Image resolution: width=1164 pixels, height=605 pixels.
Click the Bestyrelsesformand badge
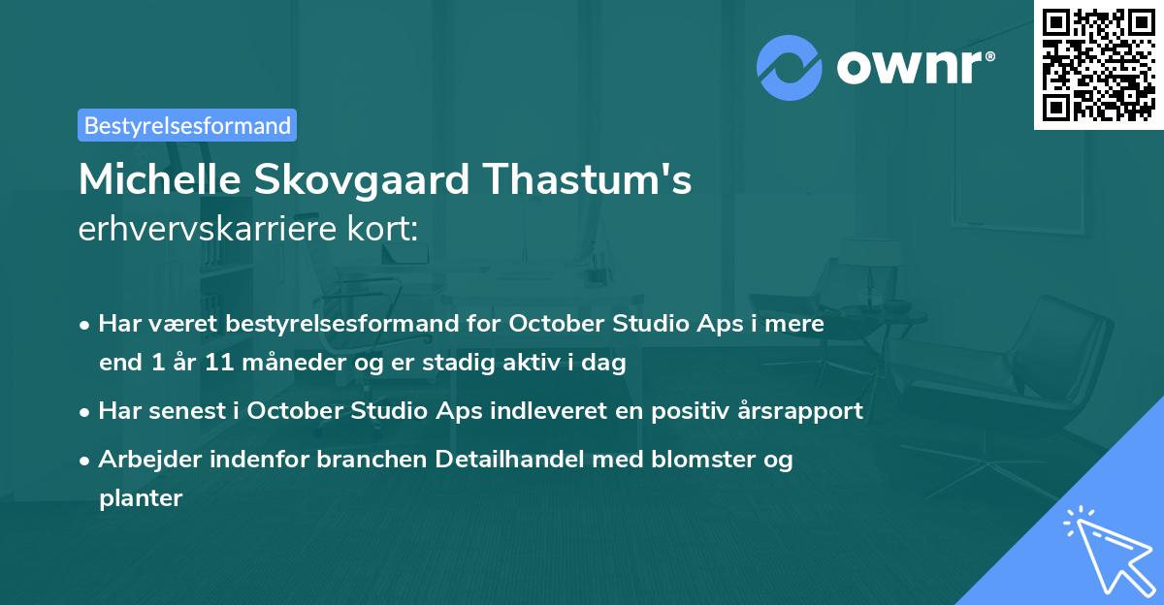(x=187, y=125)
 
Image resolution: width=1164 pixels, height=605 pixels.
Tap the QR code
(x=1097, y=64)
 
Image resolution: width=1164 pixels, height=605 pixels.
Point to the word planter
(x=141, y=498)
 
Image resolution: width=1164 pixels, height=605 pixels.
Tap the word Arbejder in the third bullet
(x=143, y=459)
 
